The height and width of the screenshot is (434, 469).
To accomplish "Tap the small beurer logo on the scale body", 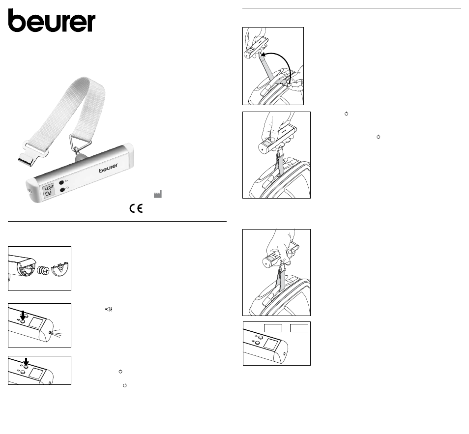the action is point(108,168).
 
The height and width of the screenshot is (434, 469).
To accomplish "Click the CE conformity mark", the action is point(136,208).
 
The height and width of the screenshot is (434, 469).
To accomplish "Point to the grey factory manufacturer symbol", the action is point(158,194).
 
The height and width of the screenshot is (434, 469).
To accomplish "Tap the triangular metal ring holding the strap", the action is point(81,143).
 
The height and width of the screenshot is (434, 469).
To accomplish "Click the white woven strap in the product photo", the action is point(72,111).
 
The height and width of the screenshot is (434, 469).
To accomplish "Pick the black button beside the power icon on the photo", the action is point(62,190).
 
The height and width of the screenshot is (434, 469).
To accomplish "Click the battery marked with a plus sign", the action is point(44,271).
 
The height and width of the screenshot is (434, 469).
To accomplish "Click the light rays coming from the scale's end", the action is point(57,333).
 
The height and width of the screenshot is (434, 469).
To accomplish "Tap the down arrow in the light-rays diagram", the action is point(23,315).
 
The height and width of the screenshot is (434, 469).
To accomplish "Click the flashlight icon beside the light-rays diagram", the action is point(109,309).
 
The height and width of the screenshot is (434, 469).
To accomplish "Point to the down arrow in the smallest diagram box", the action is point(26,362).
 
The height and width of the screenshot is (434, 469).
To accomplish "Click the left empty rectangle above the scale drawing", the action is point(273,328).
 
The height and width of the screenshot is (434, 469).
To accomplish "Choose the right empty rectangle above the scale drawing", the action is point(299,328).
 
